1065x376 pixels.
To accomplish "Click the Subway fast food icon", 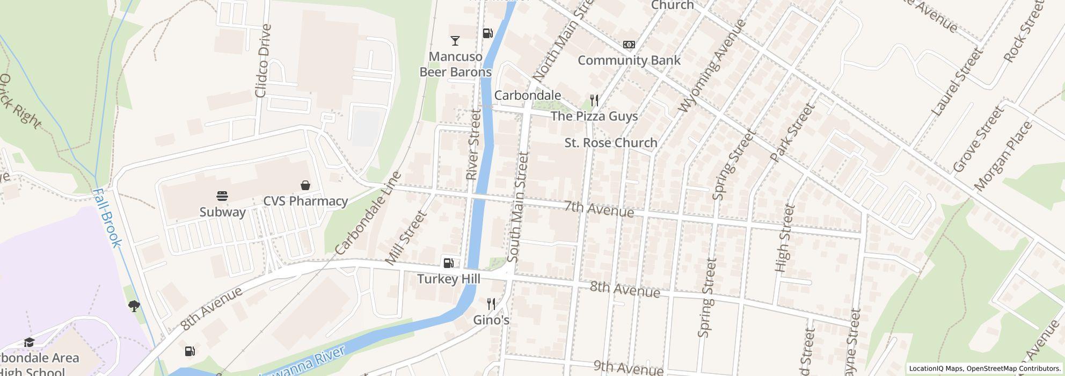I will tap(223, 196).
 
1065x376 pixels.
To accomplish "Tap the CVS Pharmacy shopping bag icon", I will tap(305, 185).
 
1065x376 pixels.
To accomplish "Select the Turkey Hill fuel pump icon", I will tap(448, 263).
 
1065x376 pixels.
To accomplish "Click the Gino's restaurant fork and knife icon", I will tap(491, 304).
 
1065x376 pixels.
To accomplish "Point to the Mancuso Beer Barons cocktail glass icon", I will tap(455, 40).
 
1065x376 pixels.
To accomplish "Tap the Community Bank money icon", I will tap(629, 45).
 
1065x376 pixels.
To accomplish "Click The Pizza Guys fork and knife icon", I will tap(594, 100).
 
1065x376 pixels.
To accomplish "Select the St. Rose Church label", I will tap(611, 143).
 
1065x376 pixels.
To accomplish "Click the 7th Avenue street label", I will tap(599, 209).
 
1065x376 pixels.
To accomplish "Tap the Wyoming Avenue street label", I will tap(712, 66).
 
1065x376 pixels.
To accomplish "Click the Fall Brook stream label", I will tap(107, 218).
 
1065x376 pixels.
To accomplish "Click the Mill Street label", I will tap(406, 238).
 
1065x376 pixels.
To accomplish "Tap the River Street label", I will tap(473, 144).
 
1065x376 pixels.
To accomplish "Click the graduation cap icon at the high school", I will tap(29, 343).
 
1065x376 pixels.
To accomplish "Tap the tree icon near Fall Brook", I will tap(134, 306).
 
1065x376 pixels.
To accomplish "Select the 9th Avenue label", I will tap(628, 368).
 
